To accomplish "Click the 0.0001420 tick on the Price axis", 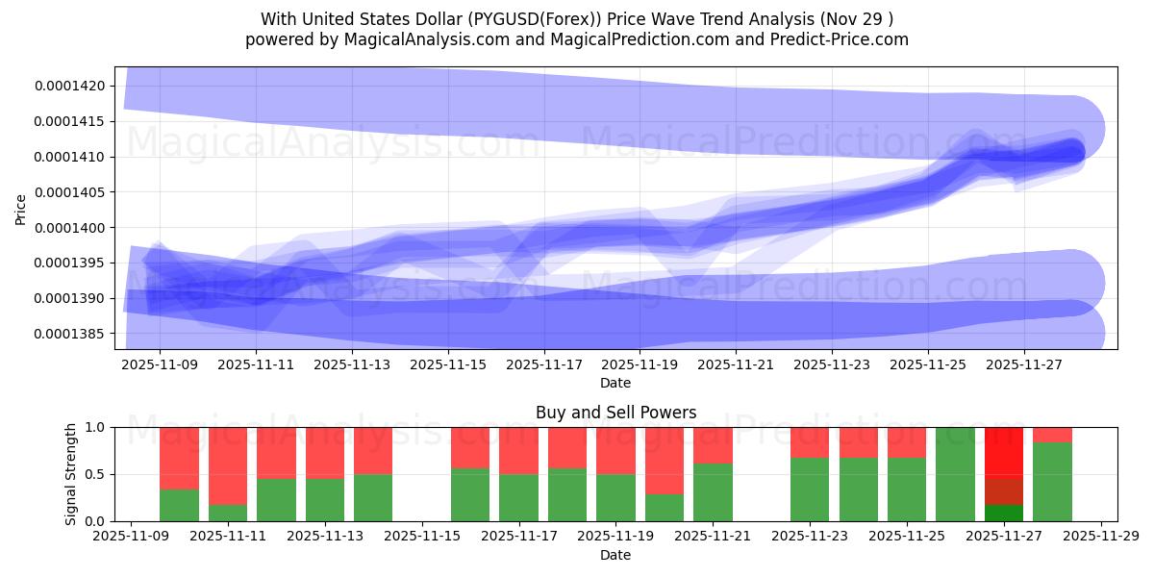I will (x=70, y=86).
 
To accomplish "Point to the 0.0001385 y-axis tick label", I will (x=70, y=334).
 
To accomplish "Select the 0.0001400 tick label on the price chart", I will (x=70, y=227).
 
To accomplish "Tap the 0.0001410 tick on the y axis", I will (x=70, y=157).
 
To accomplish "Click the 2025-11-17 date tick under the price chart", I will (x=544, y=365).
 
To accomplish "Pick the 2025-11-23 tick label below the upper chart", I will (x=832, y=365).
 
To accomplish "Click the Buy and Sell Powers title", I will (x=615, y=414).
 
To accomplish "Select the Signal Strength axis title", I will (x=71, y=474).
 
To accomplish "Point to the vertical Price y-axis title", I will (x=21, y=209).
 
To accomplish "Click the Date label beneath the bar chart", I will (x=615, y=555).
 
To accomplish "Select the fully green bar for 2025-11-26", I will (x=955, y=474).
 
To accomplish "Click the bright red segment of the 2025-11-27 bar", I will (x=1003, y=451).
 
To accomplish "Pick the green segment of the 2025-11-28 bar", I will (x=1052, y=482).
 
